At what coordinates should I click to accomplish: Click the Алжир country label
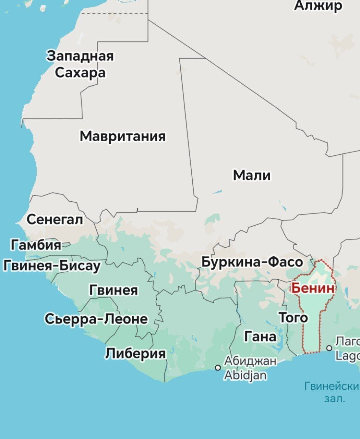pos(318,5)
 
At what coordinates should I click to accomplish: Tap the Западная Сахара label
pos(80,64)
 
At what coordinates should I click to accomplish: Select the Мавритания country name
pos(123,136)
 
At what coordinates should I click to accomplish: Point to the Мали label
pos(252,175)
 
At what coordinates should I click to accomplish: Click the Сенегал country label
pos(55,219)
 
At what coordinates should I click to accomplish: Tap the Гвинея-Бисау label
pos(52,265)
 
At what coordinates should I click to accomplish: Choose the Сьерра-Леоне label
pos(96,319)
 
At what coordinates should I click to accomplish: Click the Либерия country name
pos(135,353)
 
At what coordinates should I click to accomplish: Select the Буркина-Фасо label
pos(252,262)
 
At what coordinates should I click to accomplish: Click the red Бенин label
pos(312,288)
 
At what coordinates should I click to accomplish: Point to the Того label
pos(293,318)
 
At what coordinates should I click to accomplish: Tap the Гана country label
pos(260,336)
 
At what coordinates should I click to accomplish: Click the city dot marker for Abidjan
pos(218,368)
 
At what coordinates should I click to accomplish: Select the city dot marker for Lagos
pos(329,348)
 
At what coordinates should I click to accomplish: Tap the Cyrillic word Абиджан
pos(250,361)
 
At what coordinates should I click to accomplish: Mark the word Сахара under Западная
pos(80,73)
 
